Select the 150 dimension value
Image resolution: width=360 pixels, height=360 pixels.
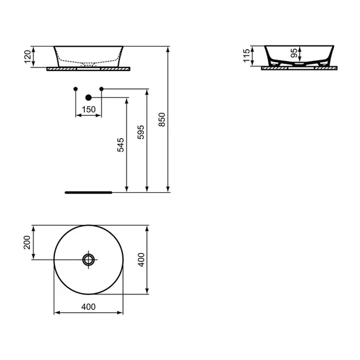point(88,109)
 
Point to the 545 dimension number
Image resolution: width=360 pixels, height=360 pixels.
point(120,146)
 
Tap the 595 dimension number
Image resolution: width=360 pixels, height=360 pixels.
point(141,131)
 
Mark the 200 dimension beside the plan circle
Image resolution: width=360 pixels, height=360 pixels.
point(27,242)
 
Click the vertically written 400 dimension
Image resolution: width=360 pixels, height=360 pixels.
point(141,260)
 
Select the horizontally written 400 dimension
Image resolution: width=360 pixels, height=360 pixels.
point(88,307)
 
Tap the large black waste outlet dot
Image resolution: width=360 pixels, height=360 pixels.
point(88,97)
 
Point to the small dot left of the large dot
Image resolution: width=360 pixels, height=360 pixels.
point(75,90)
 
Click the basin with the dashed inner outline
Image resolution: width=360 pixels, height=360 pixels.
point(88,56)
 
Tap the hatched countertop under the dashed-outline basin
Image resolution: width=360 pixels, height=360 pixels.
point(88,69)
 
